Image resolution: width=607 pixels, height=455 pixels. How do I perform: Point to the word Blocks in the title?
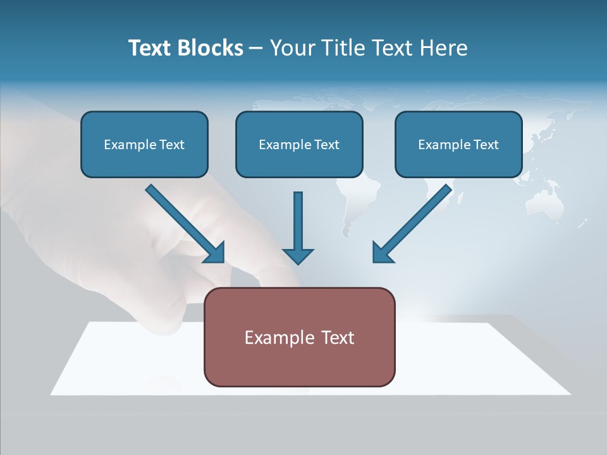click(211, 48)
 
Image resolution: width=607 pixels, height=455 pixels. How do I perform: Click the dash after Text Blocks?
click(256, 49)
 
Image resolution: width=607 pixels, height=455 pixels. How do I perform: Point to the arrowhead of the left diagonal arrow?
click(215, 253)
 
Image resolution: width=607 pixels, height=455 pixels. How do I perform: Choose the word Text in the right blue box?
click(486, 145)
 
